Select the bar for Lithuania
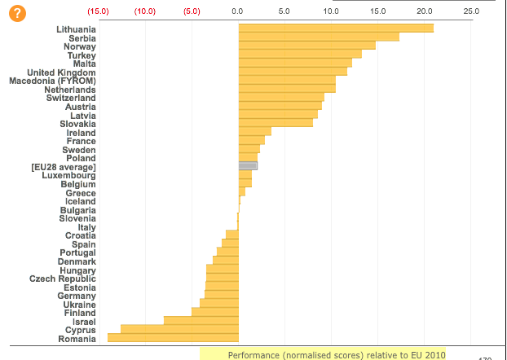tap(336, 29)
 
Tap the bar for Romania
tap(173, 338)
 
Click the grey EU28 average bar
tap(248, 166)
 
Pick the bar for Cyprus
tap(179, 329)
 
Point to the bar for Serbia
tap(319, 37)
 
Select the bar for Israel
tap(201, 321)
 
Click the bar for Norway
tap(307, 46)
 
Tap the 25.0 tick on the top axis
tap(471, 12)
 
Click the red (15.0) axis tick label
tap(99, 12)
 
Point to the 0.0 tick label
tap(238, 12)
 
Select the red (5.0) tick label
tap(192, 12)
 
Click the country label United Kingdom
tap(61, 72)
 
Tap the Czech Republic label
tap(63, 279)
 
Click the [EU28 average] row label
tap(64, 167)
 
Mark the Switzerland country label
tap(71, 98)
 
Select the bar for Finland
tap(215, 312)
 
